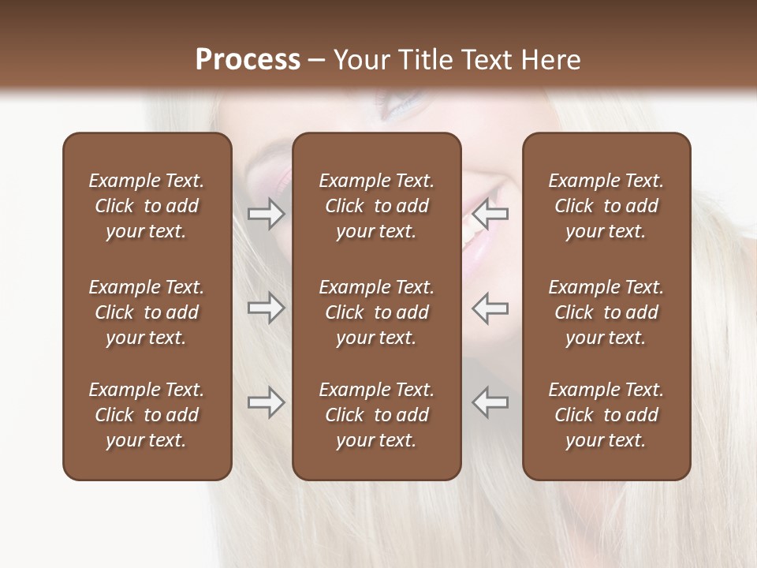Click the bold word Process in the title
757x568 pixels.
point(248,60)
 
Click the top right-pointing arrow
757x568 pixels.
point(266,214)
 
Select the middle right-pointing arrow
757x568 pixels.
point(266,308)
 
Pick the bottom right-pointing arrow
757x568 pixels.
point(266,402)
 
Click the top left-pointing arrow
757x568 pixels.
point(490,214)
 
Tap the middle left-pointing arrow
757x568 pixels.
point(490,308)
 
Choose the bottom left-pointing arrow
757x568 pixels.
point(490,402)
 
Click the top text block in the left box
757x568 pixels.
point(147,206)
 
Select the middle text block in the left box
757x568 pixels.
point(147,312)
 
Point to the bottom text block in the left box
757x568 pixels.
point(147,415)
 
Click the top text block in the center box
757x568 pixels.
point(376,206)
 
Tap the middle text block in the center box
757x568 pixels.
point(376,312)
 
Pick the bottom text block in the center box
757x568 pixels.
point(376,415)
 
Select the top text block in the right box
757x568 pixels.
point(606,206)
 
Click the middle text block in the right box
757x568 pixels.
point(606,312)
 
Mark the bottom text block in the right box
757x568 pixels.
point(606,415)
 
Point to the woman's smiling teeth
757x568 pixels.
point(472,229)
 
